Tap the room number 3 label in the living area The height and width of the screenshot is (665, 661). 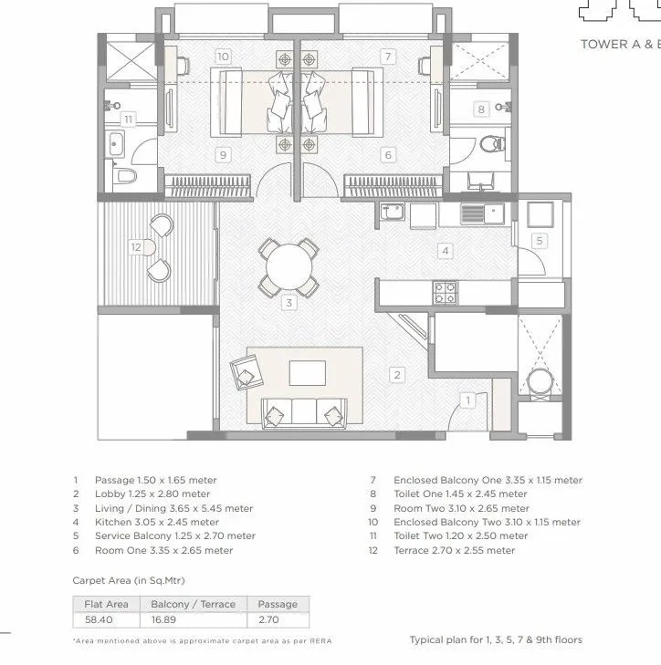[288, 303]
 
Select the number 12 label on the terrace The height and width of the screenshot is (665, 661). [136, 246]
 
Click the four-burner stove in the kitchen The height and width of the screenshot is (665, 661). [446, 292]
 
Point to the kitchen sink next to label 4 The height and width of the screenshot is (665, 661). [472, 214]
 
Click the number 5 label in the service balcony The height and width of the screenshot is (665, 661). [540, 241]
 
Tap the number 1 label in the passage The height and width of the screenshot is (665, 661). [467, 400]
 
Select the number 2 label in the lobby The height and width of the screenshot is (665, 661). [396, 374]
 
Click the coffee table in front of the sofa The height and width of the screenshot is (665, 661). [307, 373]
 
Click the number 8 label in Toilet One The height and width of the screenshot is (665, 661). [481, 109]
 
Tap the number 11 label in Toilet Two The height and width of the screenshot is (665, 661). [128, 119]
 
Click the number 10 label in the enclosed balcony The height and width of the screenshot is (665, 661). [223, 57]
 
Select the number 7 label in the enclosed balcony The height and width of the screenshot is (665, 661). [388, 57]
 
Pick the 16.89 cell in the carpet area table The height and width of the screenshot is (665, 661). [194, 619]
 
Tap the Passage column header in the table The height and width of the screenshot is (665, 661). [278, 604]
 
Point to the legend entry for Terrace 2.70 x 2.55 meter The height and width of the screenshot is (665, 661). [454, 551]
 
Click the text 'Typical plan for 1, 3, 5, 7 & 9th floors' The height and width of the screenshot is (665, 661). [495, 639]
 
